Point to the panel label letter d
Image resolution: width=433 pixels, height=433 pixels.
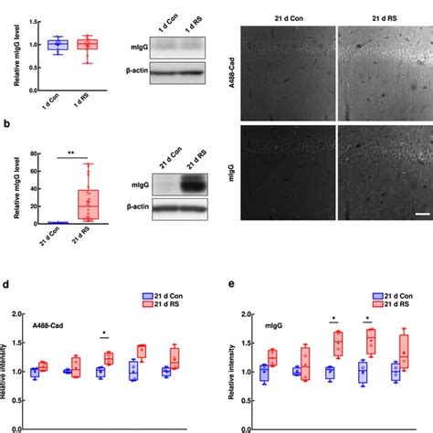click(7, 285)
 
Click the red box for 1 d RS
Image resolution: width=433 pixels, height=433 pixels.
click(88, 44)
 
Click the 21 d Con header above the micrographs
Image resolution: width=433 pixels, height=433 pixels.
click(290, 16)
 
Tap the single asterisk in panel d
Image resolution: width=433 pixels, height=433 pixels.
click(105, 333)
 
